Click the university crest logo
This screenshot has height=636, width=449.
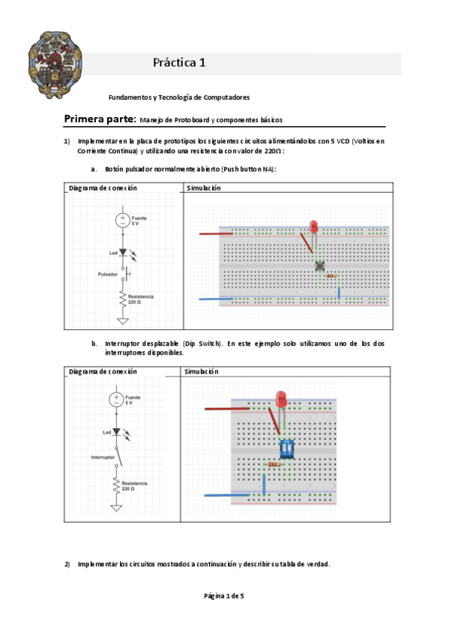55,65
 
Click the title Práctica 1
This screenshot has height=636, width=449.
179,62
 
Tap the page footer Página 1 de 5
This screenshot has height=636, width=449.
224,595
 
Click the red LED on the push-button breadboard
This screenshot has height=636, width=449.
313,226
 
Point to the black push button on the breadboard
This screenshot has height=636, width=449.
320,266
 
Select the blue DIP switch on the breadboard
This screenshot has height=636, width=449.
287,448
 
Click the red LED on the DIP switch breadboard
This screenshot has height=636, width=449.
281,400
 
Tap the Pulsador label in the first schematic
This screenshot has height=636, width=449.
107,274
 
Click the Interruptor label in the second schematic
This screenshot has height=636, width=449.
103,457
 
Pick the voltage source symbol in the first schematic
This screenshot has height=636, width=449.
122,220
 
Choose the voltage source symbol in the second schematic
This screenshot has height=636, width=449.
116,400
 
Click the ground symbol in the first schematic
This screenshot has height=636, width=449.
123,321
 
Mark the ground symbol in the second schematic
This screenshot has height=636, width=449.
116,508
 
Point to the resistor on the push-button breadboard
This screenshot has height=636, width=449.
331,276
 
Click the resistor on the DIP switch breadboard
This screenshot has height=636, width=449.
274,464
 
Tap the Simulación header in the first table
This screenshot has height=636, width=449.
203,187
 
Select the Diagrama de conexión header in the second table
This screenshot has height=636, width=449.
103,371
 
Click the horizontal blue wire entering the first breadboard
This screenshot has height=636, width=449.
216,299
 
